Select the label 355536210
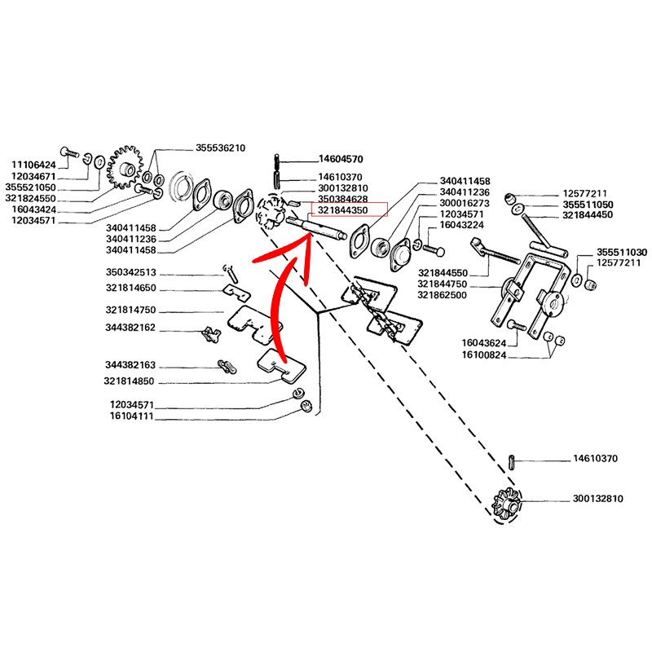click(x=220, y=148)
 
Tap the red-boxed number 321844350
click(x=342, y=210)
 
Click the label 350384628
click(x=342, y=199)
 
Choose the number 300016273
click(x=465, y=202)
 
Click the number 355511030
click(x=622, y=253)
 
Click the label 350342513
click(x=130, y=272)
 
